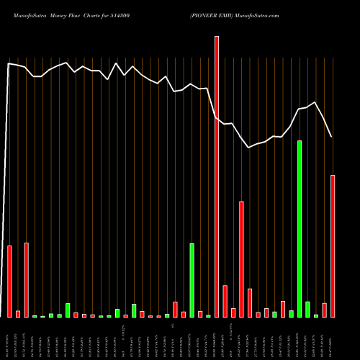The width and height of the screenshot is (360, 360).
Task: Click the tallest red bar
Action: (217, 176)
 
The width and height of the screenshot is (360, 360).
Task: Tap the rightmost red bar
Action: (333, 246)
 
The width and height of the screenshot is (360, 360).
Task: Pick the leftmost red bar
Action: (9, 282)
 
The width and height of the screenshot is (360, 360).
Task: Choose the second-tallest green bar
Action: (192, 280)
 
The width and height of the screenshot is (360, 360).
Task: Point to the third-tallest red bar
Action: (241, 259)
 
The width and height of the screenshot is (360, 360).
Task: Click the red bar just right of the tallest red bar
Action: (225, 301)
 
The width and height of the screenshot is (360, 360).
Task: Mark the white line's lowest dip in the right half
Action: (249, 148)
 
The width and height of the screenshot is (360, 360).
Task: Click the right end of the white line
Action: (331, 137)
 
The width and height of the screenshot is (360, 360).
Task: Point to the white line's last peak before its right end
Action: (315, 102)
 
